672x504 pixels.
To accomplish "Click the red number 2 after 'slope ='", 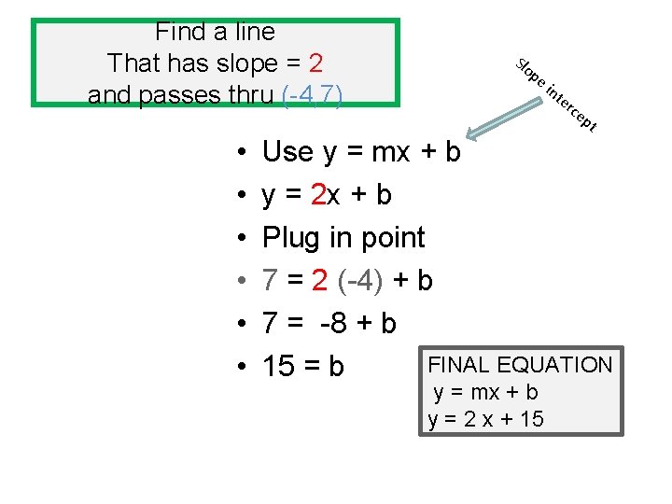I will click(315, 63).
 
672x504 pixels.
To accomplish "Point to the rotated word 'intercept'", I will click(570, 106).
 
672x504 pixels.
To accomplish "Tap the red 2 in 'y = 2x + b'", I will click(320, 195).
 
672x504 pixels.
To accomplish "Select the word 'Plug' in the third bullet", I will click(290, 238).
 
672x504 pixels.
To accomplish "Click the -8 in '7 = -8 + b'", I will click(334, 323).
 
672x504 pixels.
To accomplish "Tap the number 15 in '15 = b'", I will click(278, 367).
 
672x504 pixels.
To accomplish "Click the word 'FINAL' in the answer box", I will click(459, 365).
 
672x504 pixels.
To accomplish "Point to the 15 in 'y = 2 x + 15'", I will click(530, 419).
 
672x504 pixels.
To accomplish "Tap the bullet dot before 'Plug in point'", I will click(240, 239).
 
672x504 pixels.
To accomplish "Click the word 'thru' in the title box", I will click(245, 94).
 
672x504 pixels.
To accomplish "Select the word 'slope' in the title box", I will click(242, 63).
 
